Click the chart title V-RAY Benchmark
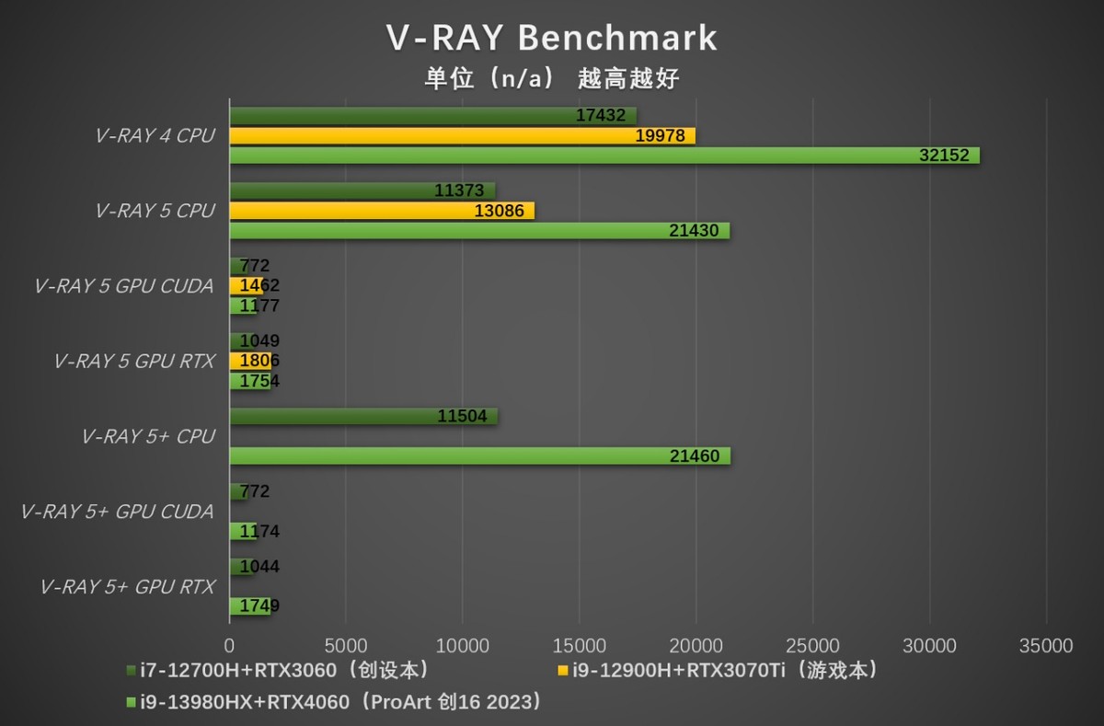(551, 38)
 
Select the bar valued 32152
(604, 156)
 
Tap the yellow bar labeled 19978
(462, 136)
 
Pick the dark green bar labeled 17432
(432, 116)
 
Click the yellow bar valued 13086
(381, 211)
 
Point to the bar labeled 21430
(478, 231)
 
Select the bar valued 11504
(362, 416)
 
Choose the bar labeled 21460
(479, 455)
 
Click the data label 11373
(459, 191)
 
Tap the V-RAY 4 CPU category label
(155, 136)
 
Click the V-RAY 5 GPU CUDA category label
(124, 286)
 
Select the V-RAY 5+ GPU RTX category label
(128, 587)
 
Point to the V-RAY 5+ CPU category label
(148, 436)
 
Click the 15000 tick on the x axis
(579, 646)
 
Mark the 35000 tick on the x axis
(1046, 646)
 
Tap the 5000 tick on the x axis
(345, 646)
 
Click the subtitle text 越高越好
(628, 79)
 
